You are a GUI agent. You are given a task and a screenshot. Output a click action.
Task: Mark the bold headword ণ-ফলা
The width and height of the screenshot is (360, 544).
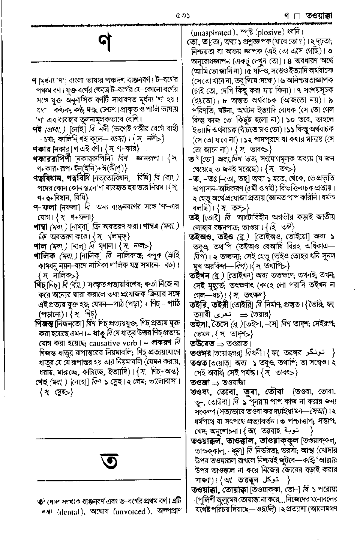(x=44, y=207)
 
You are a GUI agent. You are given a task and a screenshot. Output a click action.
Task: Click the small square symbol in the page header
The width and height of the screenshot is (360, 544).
(x=298, y=17)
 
